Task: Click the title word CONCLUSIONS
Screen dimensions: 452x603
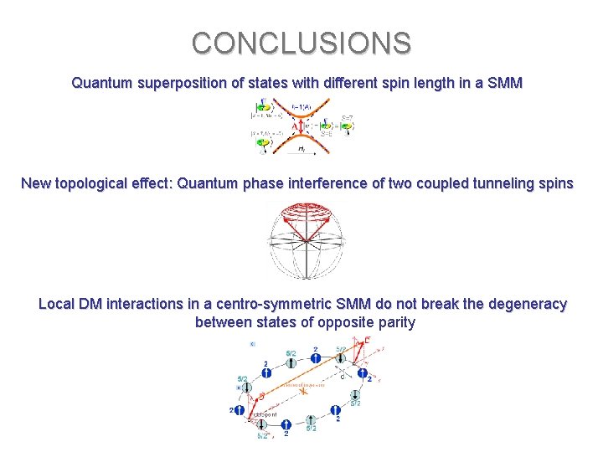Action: click(301, 43)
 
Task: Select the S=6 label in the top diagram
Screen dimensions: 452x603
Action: click(327, 134)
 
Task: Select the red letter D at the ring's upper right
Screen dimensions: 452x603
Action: click(368, 340)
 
